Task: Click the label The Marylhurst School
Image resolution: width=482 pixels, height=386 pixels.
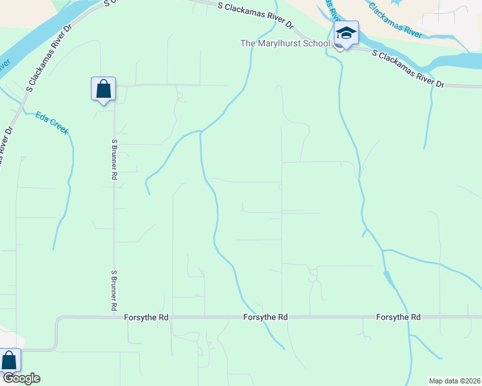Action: pos(285,43)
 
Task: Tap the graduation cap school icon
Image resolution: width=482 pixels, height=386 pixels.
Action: pos(346,33)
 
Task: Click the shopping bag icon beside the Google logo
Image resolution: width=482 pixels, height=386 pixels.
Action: pos(10,360)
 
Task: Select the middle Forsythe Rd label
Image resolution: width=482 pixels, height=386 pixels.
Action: pos(265,318)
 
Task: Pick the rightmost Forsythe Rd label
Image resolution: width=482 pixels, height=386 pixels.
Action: pos(398,317)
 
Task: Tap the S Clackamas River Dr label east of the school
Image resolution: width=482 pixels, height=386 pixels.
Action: pos(409,67)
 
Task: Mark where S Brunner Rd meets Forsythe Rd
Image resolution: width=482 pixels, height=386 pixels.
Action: pos(114,317)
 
